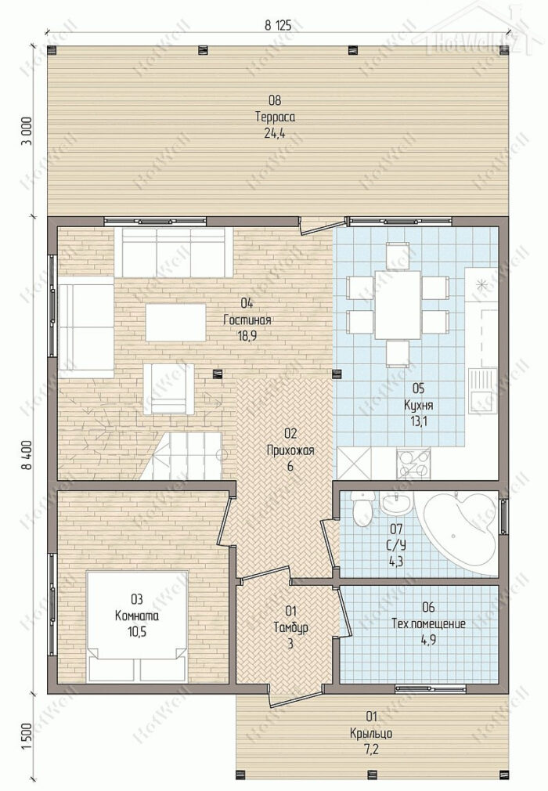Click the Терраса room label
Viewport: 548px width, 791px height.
[275, 117]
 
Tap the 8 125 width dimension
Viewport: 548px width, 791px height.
[278, 26]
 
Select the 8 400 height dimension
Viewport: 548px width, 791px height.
[27, 454]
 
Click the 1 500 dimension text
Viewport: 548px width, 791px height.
[27, 736]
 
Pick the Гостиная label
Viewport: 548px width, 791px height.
[247, 320]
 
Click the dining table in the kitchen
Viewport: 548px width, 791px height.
[397, 305]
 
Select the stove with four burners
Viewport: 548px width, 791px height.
[413, 464]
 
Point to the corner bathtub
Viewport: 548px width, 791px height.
[459, 533]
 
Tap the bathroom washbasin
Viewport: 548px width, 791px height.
[397, 501]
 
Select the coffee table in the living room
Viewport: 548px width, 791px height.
[176, 322]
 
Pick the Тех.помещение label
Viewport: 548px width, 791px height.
[428, 624]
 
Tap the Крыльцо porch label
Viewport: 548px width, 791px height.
[371, 733]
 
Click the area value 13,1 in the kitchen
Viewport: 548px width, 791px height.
[418, 421]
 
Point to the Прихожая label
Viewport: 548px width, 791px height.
[290, 450]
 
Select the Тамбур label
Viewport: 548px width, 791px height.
[291, 627]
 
